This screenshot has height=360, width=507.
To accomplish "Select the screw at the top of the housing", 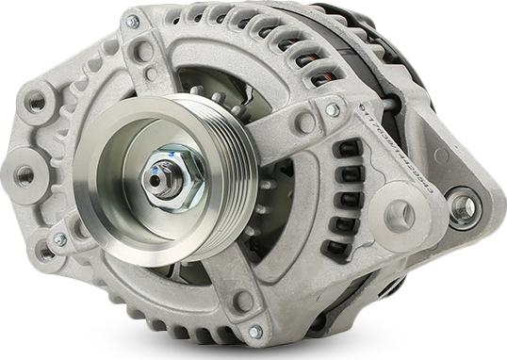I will [x=132, y=21].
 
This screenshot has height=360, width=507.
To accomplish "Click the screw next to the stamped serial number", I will [x=332, y=110].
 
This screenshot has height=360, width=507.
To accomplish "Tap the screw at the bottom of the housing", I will [x=254, y=331].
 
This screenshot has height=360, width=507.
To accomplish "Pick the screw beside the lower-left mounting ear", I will [x=59, y=240].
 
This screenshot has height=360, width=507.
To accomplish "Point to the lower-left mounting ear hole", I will [x=45, y=252].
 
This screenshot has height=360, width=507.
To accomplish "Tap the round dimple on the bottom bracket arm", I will [x=243, y=300].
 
